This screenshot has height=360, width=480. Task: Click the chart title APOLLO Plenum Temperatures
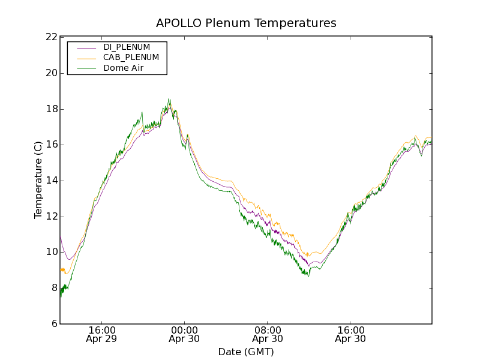click(x=246, y=23)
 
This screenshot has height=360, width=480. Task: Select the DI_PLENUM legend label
click(x=127, y=47)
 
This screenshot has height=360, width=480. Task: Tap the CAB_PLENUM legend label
click(x=131, y=58)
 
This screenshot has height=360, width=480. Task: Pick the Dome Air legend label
click(x=123, y=68)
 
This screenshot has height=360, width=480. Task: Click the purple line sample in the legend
click(x=86, y=47)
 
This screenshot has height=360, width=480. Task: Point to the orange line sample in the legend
click(x=86, y=58)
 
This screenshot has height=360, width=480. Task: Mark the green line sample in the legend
click(x=86, y=68)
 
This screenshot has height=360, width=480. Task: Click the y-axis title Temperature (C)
click(x=38, y=180)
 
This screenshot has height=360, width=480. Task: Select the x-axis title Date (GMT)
click(x=246, y=352)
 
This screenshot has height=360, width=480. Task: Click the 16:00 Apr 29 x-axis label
click(x=101, y=334)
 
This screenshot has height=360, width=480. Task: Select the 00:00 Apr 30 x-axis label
click(x=184, y=334)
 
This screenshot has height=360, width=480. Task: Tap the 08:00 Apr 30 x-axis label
click(x=268, y=334)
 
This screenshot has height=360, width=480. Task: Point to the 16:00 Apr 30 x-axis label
click(x=351, y=334)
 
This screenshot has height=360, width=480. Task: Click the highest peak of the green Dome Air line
click(x=169, y=99)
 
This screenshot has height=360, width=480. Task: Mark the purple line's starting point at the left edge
click(x=61, y=235)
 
